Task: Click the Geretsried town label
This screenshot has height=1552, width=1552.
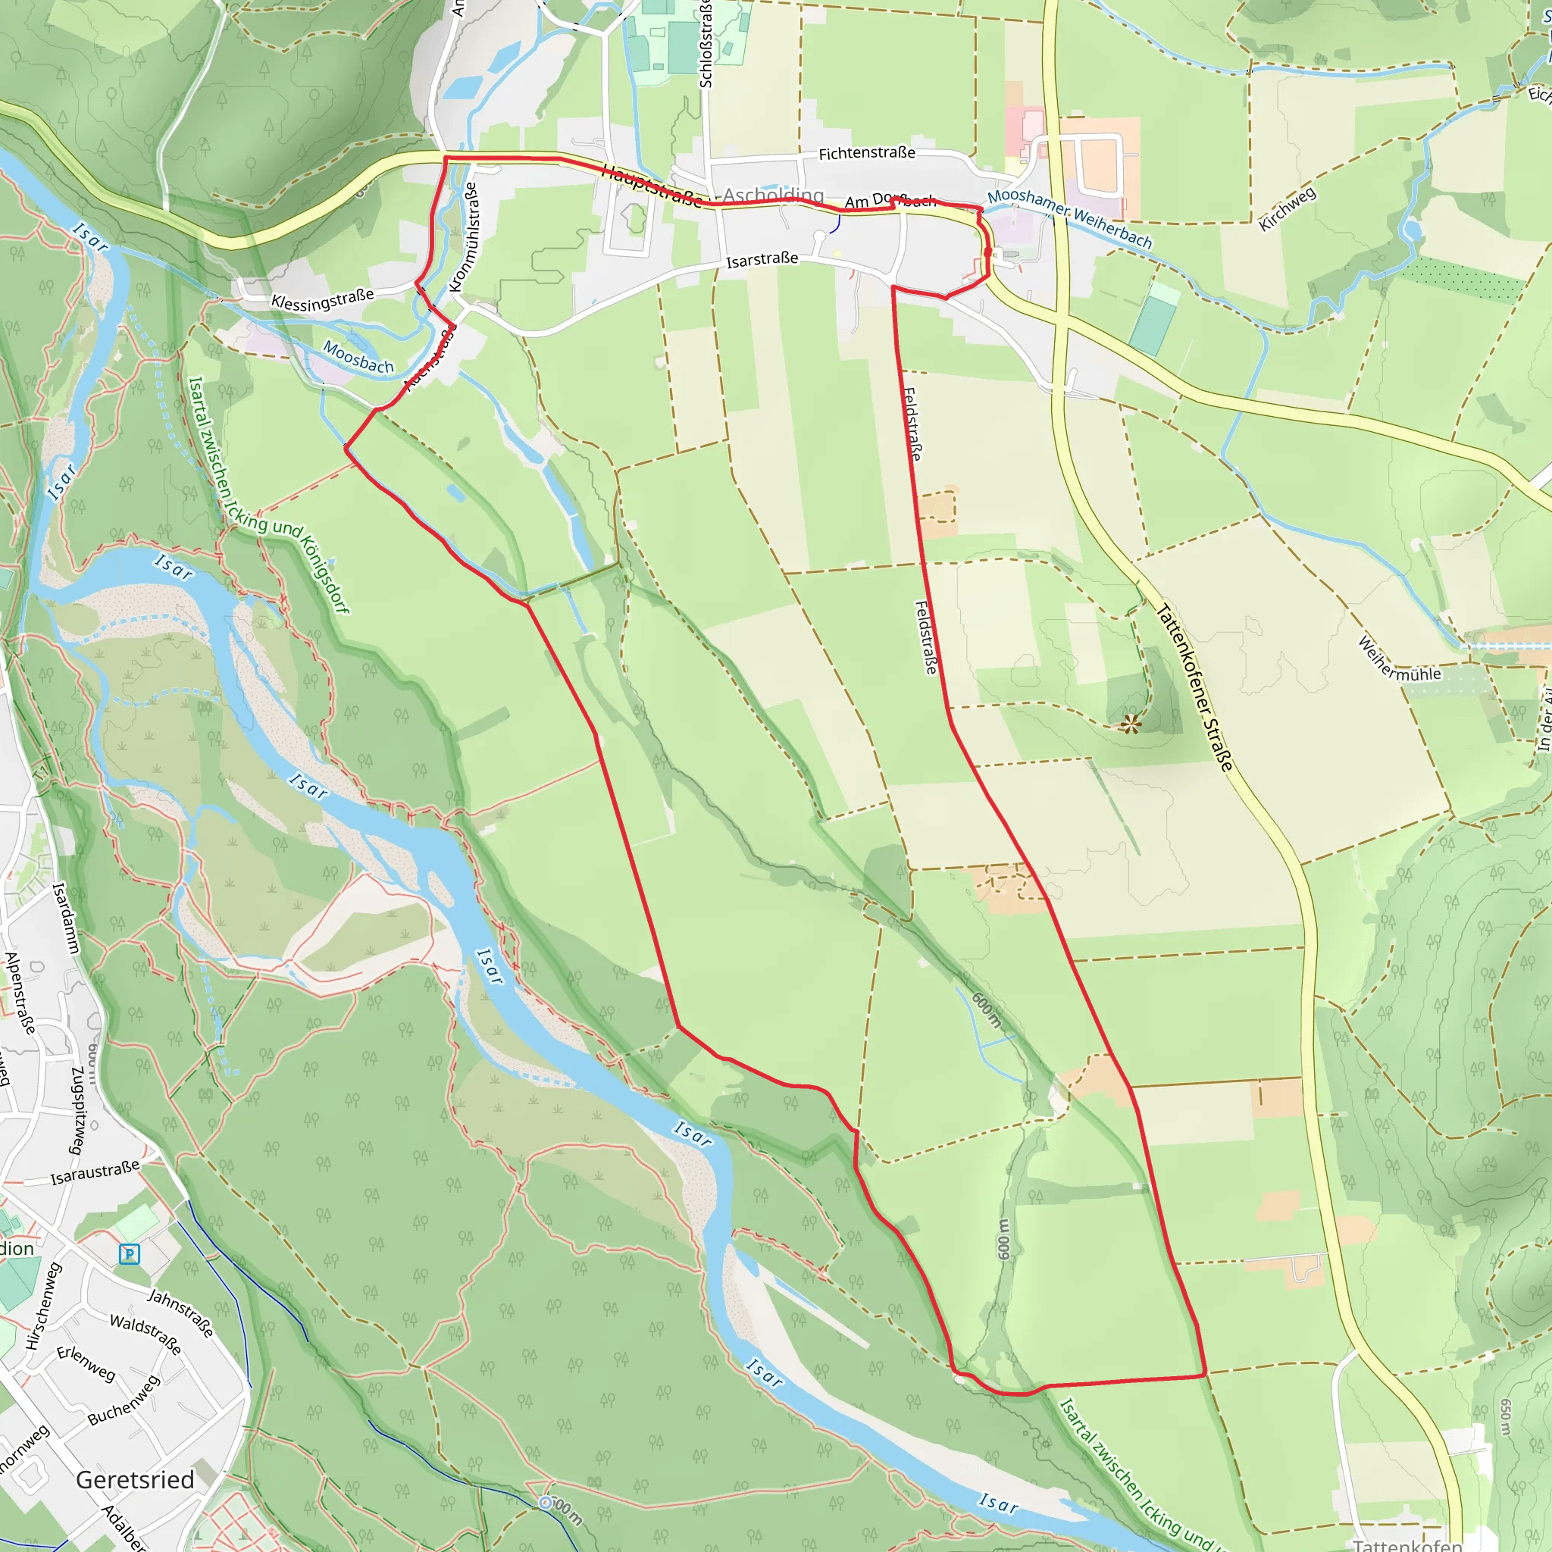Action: [x=135, y=1480]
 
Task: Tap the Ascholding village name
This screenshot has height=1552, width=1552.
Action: [x=773, y=196]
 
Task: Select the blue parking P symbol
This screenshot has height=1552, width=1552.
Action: [x=130, y=1253]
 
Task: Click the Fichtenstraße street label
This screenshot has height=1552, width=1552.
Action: [x=867, y=152]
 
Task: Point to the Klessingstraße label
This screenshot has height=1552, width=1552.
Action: [x=322, y=299]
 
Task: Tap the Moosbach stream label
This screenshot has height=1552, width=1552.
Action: [x=358, y=357]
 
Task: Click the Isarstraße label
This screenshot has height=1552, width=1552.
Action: [x=762, y=259]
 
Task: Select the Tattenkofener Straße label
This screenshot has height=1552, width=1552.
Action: [x=1194, y=687]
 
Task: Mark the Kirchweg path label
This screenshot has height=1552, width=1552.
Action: [x=1287, y=209]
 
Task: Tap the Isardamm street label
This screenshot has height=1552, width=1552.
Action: [x=65, y=918]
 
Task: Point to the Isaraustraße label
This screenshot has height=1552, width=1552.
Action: [x=95, y=1172]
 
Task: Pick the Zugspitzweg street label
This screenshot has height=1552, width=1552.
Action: [x=78, y=1110]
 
